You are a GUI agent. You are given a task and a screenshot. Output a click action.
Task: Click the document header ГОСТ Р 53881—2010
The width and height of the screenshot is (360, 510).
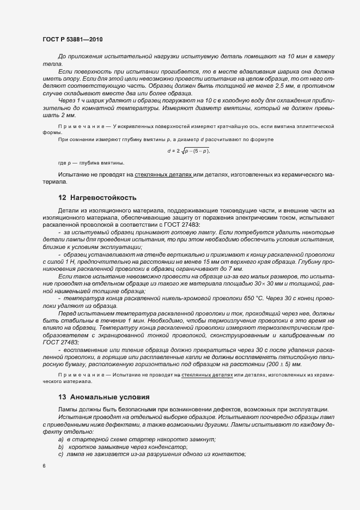click(x=72, y=40)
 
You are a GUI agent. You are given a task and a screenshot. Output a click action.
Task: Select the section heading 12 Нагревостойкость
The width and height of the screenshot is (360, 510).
click(x=97, y=197)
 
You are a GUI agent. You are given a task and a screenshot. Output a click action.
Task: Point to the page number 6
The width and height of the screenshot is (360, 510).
click(x=44, y=466)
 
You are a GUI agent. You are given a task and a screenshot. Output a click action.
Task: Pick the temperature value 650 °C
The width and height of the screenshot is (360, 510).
click(x=217, y=299)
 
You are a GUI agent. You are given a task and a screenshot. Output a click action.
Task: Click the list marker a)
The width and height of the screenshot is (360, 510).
click(x=61, y=440)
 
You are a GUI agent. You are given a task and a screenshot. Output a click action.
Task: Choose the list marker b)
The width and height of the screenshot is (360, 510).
click(x=61, y=447)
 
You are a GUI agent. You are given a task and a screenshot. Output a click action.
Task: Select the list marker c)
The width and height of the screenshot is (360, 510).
click(x=61, y=454)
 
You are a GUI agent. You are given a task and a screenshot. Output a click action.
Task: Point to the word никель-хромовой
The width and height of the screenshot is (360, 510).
click(x=178, y=299)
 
